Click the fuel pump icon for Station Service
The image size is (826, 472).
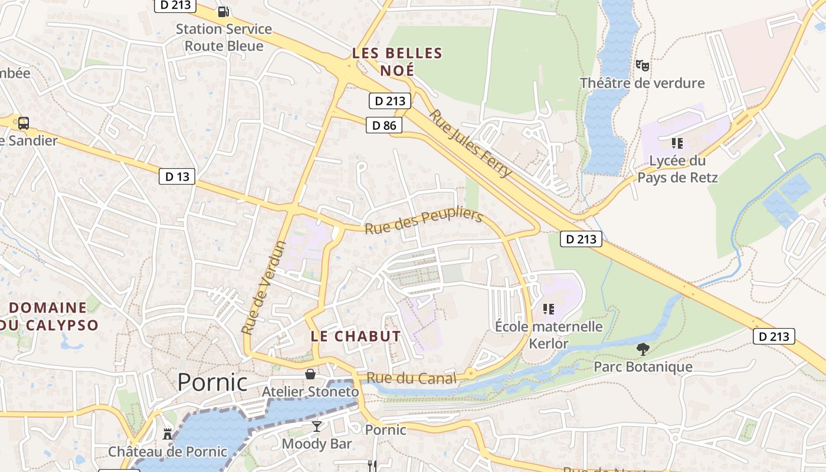pyautogui.click(x=223, y=11)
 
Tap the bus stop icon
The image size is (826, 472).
pyautogui.click(x=24, y=123)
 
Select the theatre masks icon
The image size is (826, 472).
pyautogui.click(x=642, y=65)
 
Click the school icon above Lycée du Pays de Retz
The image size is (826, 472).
pyautogui.click(x=677, y=143)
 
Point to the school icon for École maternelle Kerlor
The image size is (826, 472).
pyautogui.click(x=549, y=309)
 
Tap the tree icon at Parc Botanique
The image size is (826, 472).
pyautogui.click(x=643, y=349)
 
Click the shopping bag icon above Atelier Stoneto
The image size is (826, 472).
pyautogui.click(x=310, y=373)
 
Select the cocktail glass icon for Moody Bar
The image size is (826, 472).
pyautogui.click(x=317, y=426)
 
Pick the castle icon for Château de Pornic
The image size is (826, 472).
pyautogui.click(x=168, y=434)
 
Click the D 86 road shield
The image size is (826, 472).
pyautogui.click(x=384, y=125)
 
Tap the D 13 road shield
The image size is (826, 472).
pyautogui.click(x=177, y=176)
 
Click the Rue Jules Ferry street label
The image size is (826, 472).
pyautogui.click(x=470, y=143)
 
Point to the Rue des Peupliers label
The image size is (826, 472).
pyautogui.click(x=424, y=221)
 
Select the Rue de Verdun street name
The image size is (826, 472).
pyautogui.click(x=264, y=287)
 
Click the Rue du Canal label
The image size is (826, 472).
pyautogui.click(x=411, y=378)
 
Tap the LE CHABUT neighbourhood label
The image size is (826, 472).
pyautogui.click(x=356, y=336)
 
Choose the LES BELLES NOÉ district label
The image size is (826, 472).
pyautogui.click(x=397, y=61)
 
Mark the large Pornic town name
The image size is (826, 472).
pyautogui.click(x=212, y=382)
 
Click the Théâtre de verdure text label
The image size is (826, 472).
pyautogui.click(x=642, y=83)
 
